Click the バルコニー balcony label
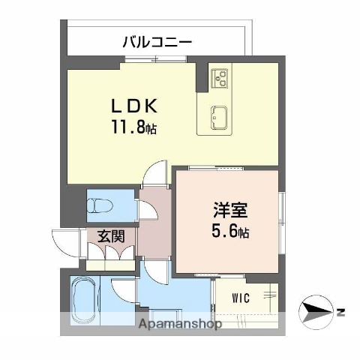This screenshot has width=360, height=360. tap(157, 41)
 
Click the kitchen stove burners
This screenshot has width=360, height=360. tap(219, 76)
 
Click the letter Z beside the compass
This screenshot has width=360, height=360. tap(340, 310)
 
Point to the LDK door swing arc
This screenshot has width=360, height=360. tap(154, 173)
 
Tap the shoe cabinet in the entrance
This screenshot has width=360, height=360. tap(109, 258)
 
